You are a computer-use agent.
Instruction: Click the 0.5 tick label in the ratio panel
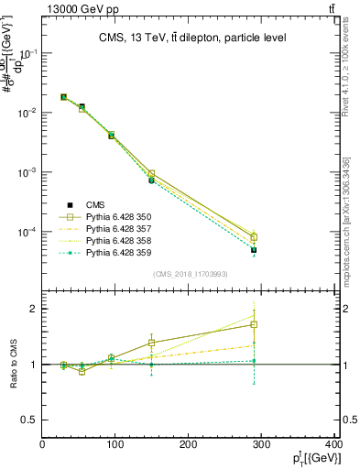(x=28, y=420)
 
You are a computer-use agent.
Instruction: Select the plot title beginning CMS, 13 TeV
(x=191, y=38)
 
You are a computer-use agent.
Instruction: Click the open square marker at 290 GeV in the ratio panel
(x=266, y=324)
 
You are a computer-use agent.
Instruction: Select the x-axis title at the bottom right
(x=315, y=458)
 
